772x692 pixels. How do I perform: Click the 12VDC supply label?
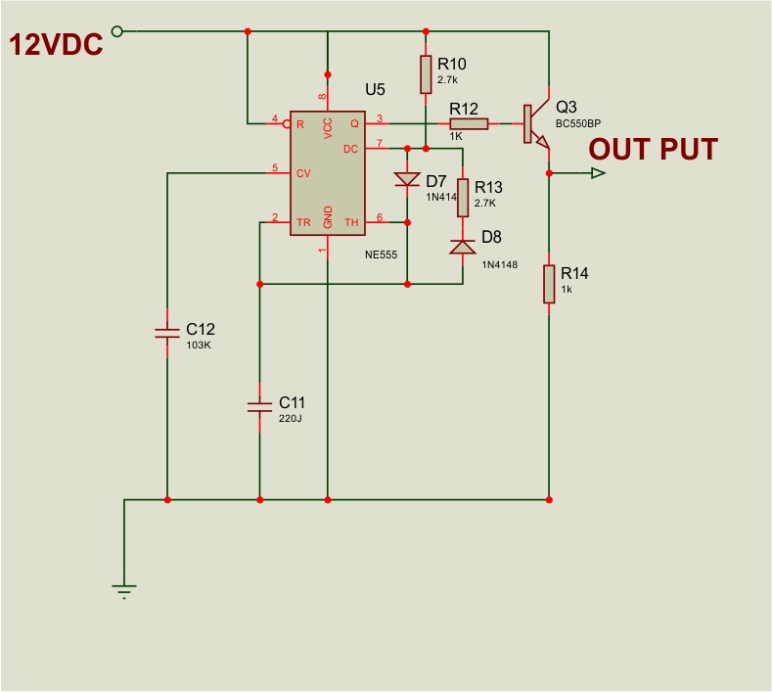tap(56, 45)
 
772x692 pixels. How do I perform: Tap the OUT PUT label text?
tap(653, 150)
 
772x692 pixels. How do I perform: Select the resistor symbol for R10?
tap(426, 73)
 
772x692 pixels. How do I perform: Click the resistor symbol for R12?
tap(469, 123)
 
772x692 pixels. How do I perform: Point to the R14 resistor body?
tap(549, 283)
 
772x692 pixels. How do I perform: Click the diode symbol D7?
tap(406, 180)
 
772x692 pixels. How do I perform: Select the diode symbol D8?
tap(462, 247)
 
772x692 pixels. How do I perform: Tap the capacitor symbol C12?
tap(167, 333)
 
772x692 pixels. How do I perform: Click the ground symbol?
tap(124, 589)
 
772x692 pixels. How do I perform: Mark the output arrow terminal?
tap(597, 173)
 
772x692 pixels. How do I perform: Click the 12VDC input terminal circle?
tap(117, 31)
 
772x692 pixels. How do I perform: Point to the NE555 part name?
tap(380, 254)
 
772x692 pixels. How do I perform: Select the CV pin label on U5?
tap(303, 173)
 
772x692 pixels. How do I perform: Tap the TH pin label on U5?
tap(351, 223)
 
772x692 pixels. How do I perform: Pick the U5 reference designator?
tap(375, 89)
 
